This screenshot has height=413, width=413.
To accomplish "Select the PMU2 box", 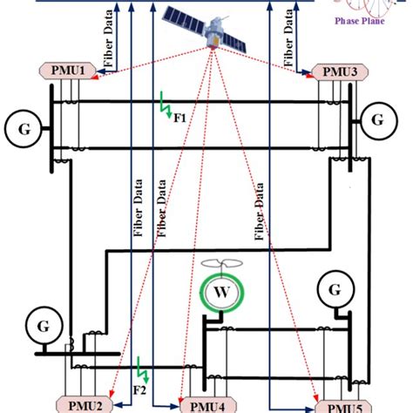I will (x=85, y=403).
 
